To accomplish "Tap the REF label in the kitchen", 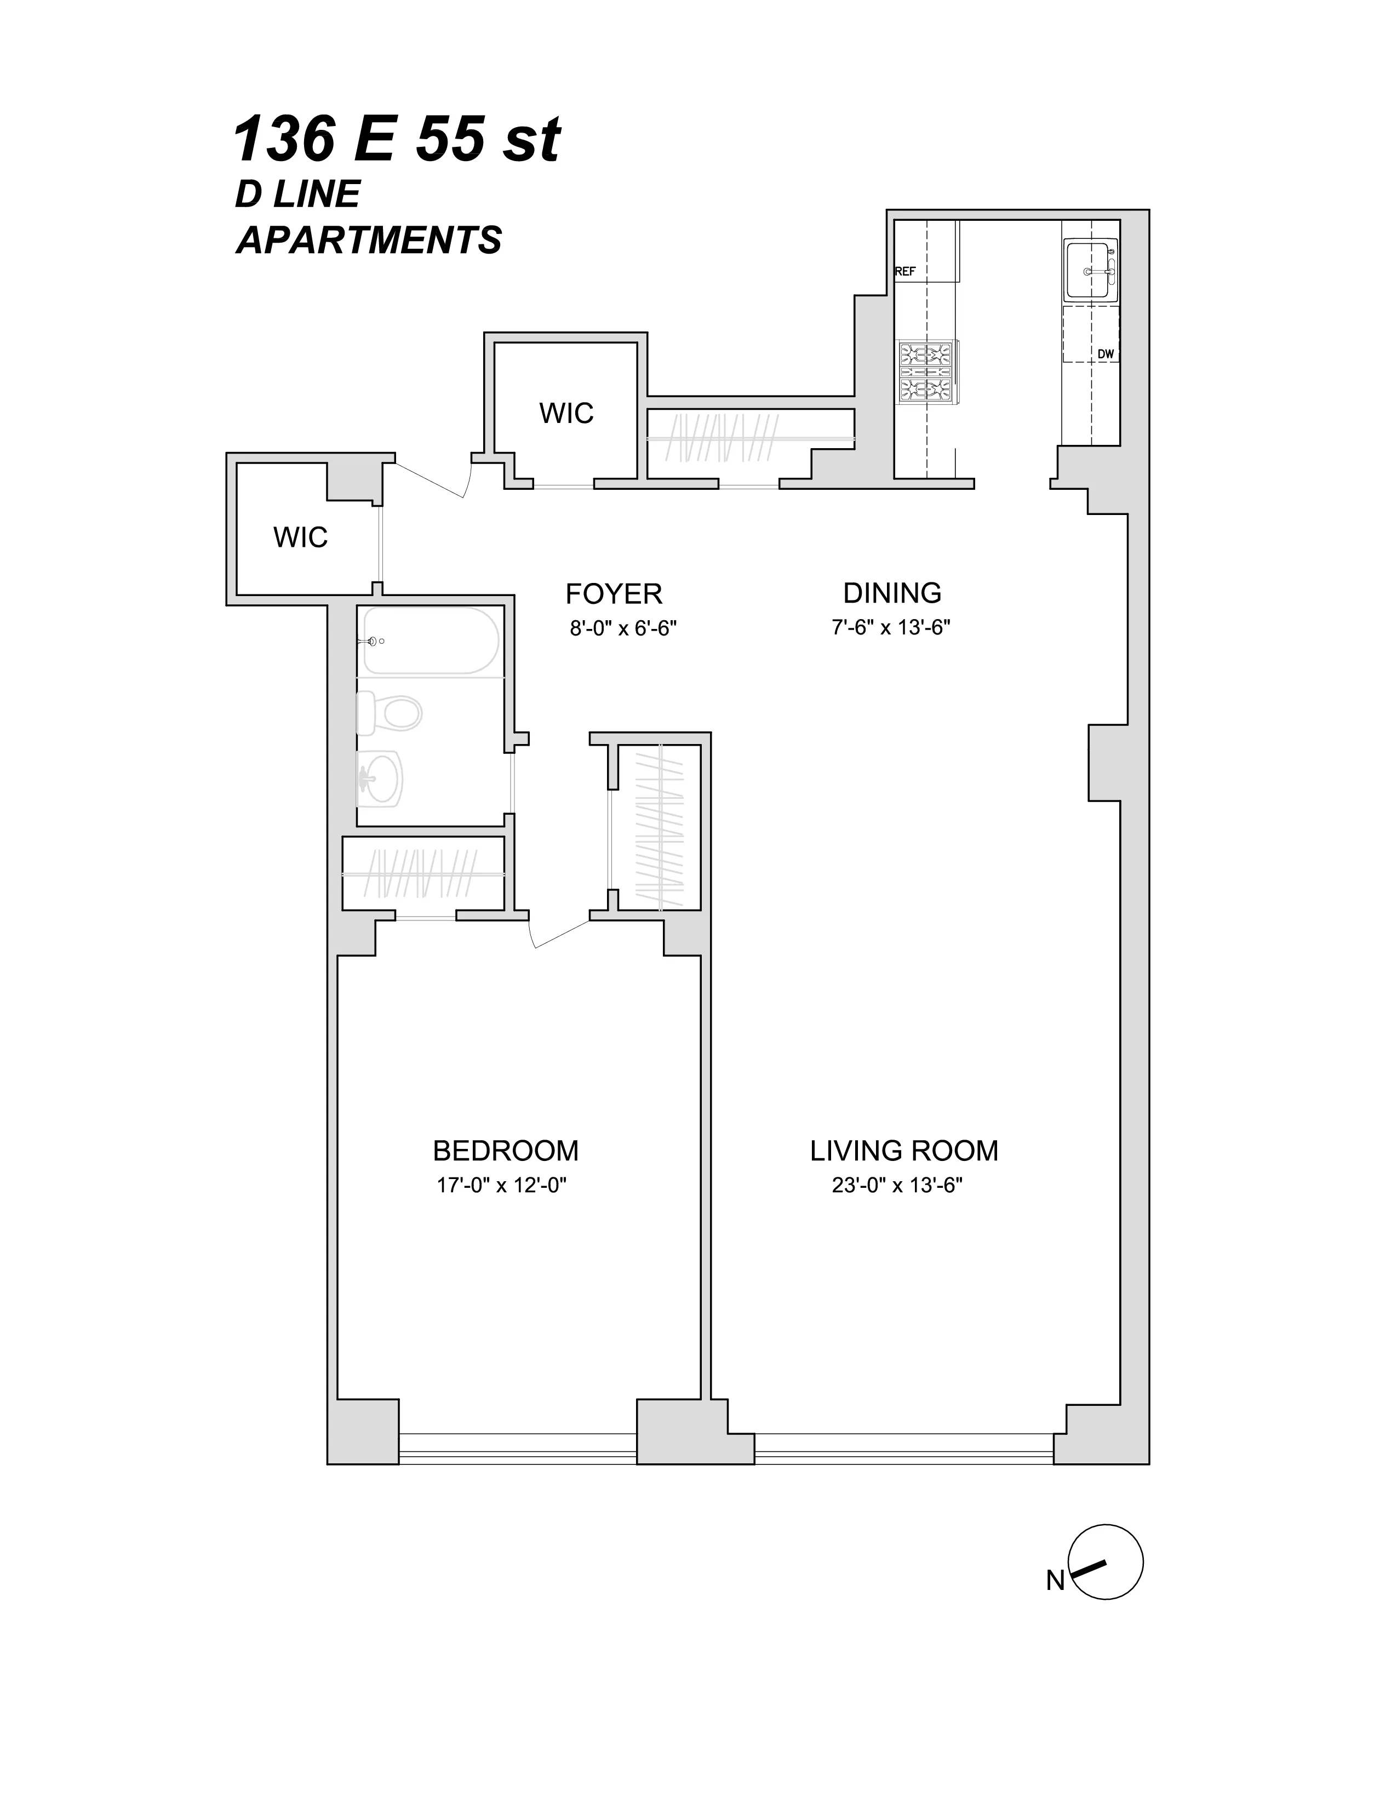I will (906, 271).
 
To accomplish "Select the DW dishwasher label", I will (1105, 353).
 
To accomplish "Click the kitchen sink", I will (1090, 270).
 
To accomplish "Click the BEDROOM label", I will (505, 1151).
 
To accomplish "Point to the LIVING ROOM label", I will (904, 1151).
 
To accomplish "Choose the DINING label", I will (892, 593).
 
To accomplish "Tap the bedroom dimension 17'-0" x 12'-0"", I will (501, 1186).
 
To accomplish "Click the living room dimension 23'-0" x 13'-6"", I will (897, 1186).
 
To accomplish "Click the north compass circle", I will (1106, 1561).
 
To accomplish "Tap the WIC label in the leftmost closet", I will (300, 537).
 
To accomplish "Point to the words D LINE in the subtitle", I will (298, 194).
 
